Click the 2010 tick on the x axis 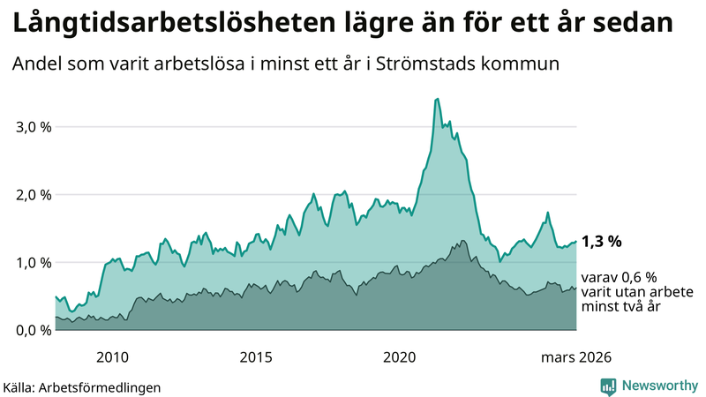(x=112, y=356)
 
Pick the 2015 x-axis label (x=256, y=356)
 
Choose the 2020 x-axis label (x=400, y=356)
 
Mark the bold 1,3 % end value (x=602, y=241)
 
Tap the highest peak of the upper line (x=438, y=99)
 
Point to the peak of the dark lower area (x=462, y=240)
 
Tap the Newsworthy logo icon (x=608, y=386)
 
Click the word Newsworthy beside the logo (x=660, y=386)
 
